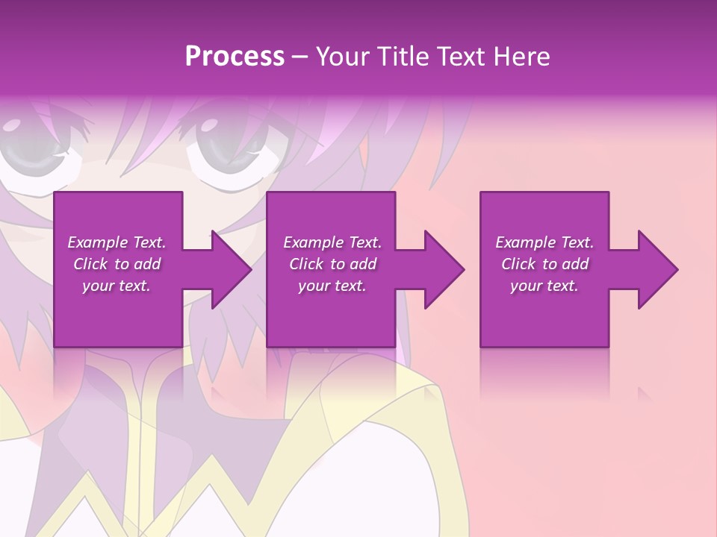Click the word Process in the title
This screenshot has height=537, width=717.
pyautogui.click(x=235, y=57)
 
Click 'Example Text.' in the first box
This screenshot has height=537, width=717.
pyautogui.click(x=117, y=242)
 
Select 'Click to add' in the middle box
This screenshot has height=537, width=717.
pyautogui.click(x=332, y=264)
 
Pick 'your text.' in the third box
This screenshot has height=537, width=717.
pyautogui.click(x=544, y=286)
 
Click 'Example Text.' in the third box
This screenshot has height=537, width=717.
pyautogui.click(x=544, y=242)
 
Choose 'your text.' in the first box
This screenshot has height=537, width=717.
pyautogui.click(x=117, y=286)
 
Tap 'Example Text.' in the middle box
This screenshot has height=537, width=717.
pyautogui.click(x=332, y=242)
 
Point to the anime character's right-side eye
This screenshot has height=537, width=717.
pyautogui.click(x=224, y=142)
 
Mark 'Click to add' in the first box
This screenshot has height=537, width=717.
pyautogui.click(x=117, y=264)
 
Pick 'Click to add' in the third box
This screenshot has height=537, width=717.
pyautogui.click(x=544, y=264)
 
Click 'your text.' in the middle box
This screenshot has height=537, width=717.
pyautogui.click(x=332, y=286)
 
